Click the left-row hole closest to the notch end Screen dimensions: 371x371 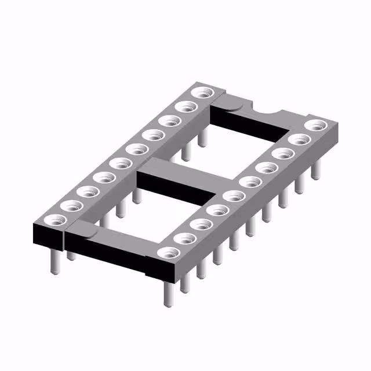(x=202, y=93)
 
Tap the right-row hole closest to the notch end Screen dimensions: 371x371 (x=315, y=125)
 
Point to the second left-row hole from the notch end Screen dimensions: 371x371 (x=186, y=107)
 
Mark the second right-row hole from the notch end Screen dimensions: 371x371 (x=299, y=139)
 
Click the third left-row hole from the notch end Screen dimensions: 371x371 (x=170, y=121)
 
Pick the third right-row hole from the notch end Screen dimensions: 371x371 (x=283, y=153)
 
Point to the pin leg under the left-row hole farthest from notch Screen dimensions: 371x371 (x=54, y=261)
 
